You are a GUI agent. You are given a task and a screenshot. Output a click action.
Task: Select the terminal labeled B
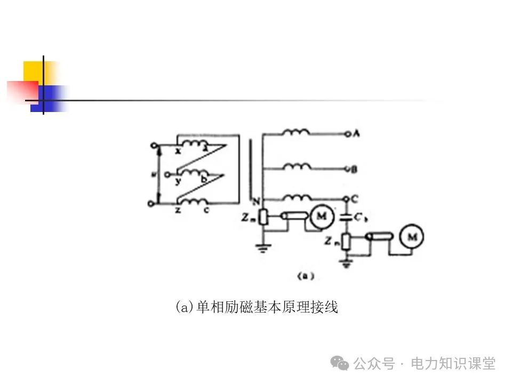(x=348, y=170)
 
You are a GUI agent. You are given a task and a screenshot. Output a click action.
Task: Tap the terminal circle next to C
(x=347, y=199)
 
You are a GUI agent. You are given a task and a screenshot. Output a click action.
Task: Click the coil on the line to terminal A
(x=296, y=132)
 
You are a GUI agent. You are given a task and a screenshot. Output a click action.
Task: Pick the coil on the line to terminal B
(x=297, y=167)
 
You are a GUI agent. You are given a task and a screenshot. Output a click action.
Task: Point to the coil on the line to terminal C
(x=297, y=197)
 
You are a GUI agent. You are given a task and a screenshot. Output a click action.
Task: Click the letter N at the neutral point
(x=256, y=202)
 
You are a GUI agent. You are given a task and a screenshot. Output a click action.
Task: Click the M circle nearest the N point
(x=321, y=216)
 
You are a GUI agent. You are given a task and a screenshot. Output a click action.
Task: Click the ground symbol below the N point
(x=261, y=247)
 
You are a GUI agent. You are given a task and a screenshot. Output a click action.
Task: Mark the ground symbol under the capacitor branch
(x=347, y=263)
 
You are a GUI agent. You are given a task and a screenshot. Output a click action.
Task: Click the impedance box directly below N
(x=262, y=216)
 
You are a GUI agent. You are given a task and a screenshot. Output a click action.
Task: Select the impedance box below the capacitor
(x=347, y=242)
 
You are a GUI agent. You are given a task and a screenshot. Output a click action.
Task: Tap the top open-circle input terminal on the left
(x=155, y=145)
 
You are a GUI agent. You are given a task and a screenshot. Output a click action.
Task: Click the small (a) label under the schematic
(x=306, y=276)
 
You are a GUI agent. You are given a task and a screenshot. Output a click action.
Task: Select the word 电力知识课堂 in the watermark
(x=453, y=364)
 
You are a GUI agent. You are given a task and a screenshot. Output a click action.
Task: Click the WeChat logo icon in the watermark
(x=340, y=363)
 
